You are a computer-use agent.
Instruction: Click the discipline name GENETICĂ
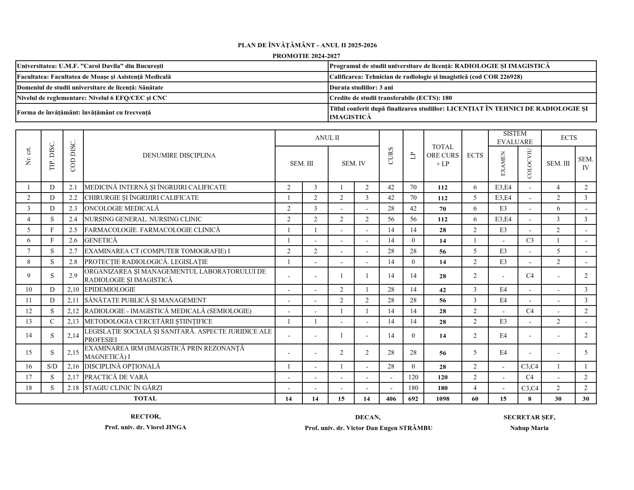(101, 240)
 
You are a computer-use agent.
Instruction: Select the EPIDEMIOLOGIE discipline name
(110, 289)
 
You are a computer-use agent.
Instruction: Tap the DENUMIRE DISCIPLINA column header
(179, 155)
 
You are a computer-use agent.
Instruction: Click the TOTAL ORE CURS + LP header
(443, 155)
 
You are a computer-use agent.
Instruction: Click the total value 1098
(443, 399)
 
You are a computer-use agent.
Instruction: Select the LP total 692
(413, 399)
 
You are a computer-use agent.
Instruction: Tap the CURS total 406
(391, 399)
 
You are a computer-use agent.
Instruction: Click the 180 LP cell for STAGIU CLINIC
(413, 388)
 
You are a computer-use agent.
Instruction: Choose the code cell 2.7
(73, 251)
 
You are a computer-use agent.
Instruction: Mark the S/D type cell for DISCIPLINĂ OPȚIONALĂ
(52, 366)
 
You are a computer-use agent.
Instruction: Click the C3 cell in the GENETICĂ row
(529, 240)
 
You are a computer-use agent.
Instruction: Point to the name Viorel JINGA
(166, 427)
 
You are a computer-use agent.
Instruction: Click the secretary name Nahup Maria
(529, 428)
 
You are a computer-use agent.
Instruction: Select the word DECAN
(367, 417)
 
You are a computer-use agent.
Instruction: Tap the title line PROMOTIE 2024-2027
(301, 56)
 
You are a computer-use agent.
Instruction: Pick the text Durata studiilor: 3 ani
(361, 87)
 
